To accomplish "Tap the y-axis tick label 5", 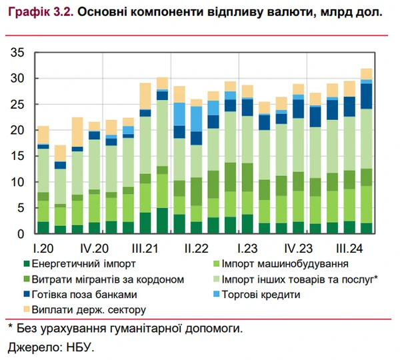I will (20, 208).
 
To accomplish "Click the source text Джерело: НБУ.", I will (51, 347).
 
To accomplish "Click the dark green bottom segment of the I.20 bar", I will (43, 227).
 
